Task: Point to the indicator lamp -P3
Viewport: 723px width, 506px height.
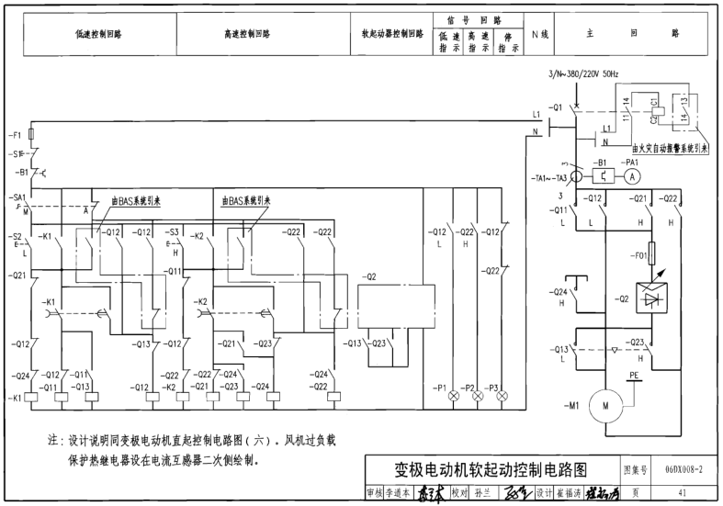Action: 503,397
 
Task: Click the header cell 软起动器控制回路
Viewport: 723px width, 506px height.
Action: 392,34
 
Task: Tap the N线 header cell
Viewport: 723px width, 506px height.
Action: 540,34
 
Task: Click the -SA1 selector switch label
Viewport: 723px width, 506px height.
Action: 18,197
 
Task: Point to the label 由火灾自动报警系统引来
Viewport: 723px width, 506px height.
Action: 670,147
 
